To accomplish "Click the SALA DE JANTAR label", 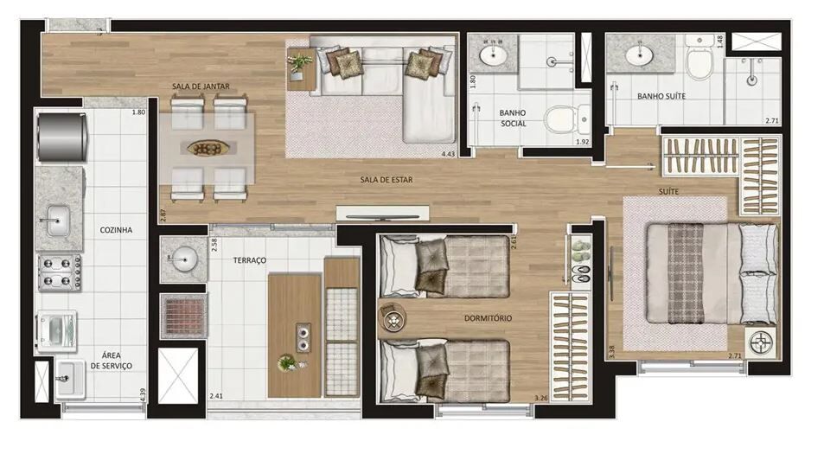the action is [201, 86].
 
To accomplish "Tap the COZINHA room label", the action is [116, 230].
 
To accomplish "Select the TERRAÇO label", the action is [250, 260].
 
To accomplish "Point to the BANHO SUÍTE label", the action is [661, 96].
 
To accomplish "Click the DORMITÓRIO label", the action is [488, 318].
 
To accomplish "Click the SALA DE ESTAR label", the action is [386, 180].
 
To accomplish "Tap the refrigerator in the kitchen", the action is [62, 137].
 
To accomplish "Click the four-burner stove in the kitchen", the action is [60, 272].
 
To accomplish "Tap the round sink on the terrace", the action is [183, 259].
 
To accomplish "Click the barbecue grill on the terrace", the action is [183, 316].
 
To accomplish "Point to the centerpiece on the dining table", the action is [208, 148].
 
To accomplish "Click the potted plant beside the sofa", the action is [299, 64].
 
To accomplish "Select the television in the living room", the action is [382, 216].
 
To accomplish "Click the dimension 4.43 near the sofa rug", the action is [448, 153].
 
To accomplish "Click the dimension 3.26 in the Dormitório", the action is [540, 398].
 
